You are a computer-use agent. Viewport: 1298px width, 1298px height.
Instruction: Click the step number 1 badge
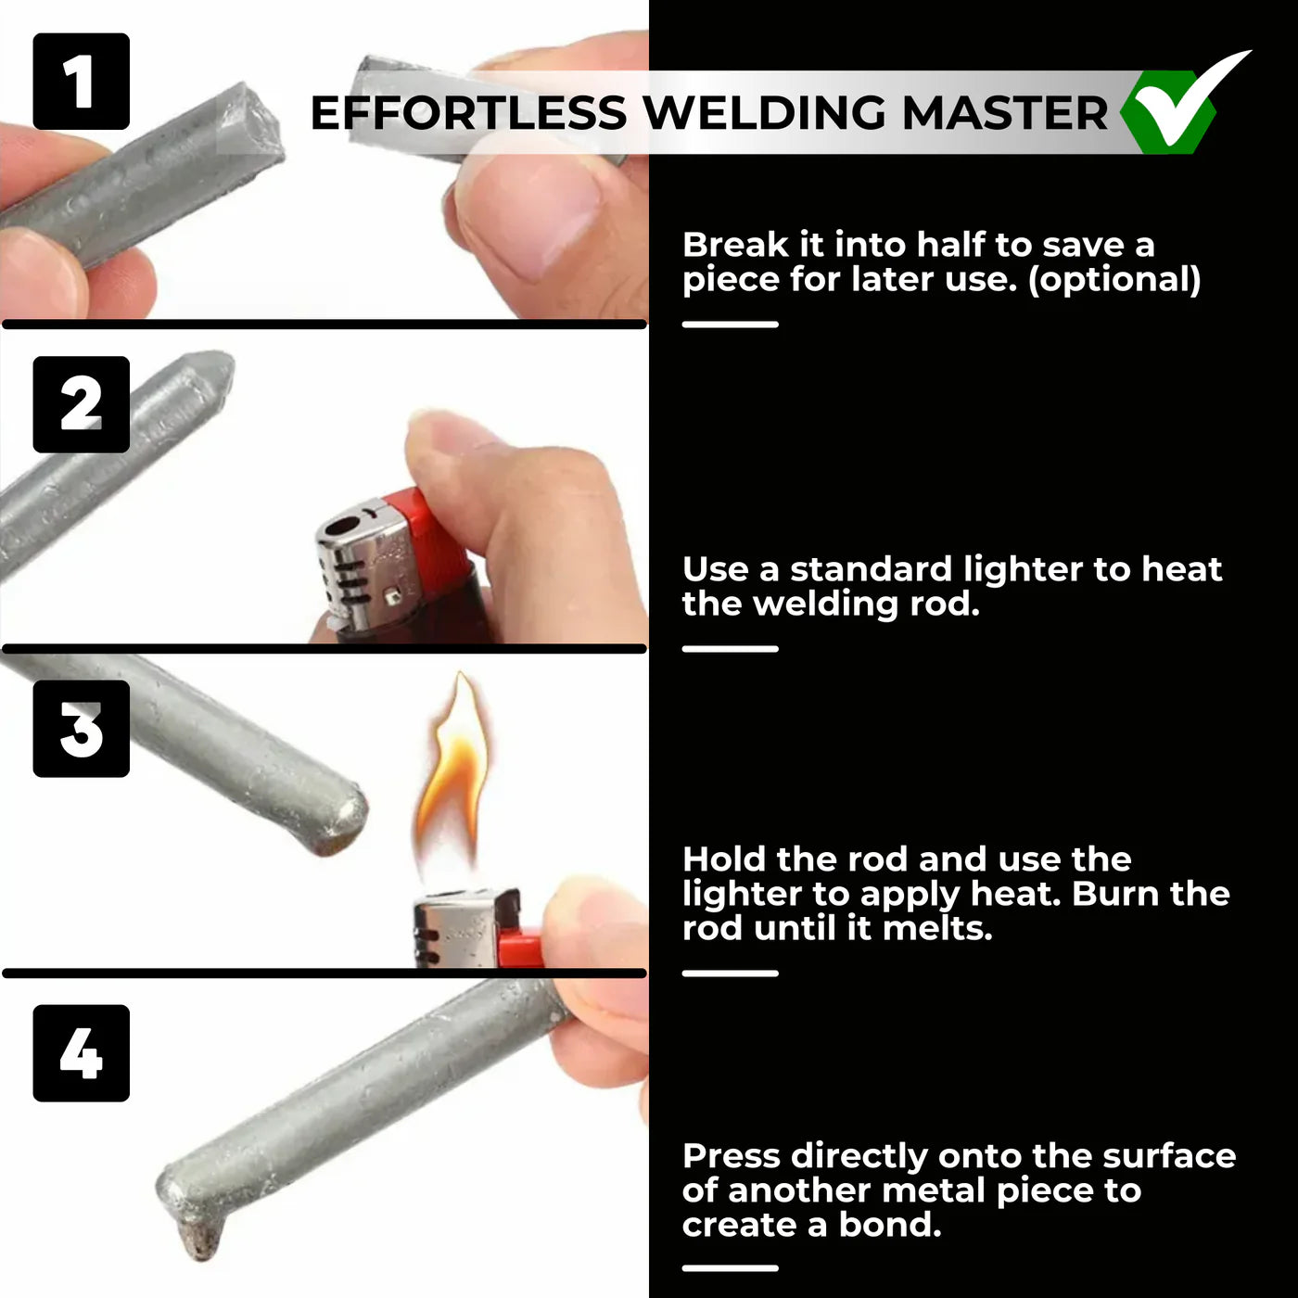point(81,82)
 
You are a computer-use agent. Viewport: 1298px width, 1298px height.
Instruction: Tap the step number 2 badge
point(81,405)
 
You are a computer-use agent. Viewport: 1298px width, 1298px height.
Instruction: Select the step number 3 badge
point(81,729)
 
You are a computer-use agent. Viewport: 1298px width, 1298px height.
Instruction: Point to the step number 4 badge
point(81,1053)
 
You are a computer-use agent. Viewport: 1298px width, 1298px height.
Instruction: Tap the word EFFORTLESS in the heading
point(468,113)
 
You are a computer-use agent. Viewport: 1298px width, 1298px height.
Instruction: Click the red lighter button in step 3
point(520,948)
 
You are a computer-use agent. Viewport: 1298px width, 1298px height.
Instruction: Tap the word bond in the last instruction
point(889,1225)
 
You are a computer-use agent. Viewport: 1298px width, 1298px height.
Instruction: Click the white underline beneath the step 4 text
point(730,1267)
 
